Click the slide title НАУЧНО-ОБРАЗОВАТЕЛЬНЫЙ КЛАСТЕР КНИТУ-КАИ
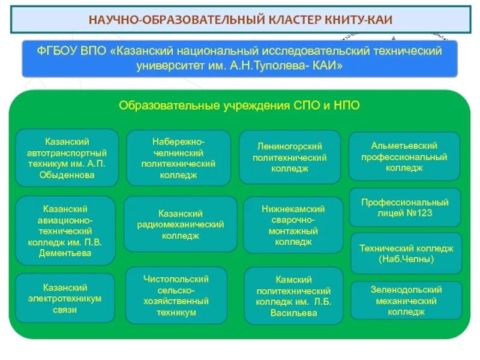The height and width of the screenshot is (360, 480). point(240,19)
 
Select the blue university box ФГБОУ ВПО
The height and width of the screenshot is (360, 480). point(239,58)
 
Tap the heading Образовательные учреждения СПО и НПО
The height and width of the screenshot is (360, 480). point(239,106)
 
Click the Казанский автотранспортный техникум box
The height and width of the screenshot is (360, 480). point(67,158)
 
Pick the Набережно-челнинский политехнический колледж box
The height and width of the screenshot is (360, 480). point(178,158)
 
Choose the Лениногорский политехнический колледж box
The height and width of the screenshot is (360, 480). point(290,157)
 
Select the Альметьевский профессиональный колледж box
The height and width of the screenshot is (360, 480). point(404,157)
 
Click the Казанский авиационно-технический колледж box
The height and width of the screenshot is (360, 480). point(65,231)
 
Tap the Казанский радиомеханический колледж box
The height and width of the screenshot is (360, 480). point(180,224)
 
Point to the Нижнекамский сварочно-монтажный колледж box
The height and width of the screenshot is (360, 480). point(293,226)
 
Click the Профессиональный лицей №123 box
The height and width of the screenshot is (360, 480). point(404,207)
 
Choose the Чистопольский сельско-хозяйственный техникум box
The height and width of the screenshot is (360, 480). point(176,296)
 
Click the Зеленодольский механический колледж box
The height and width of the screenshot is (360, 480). point(406,301)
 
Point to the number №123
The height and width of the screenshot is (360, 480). point(421,212)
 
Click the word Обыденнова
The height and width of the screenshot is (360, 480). point(67,176)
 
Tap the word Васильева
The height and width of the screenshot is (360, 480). point(294,313)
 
